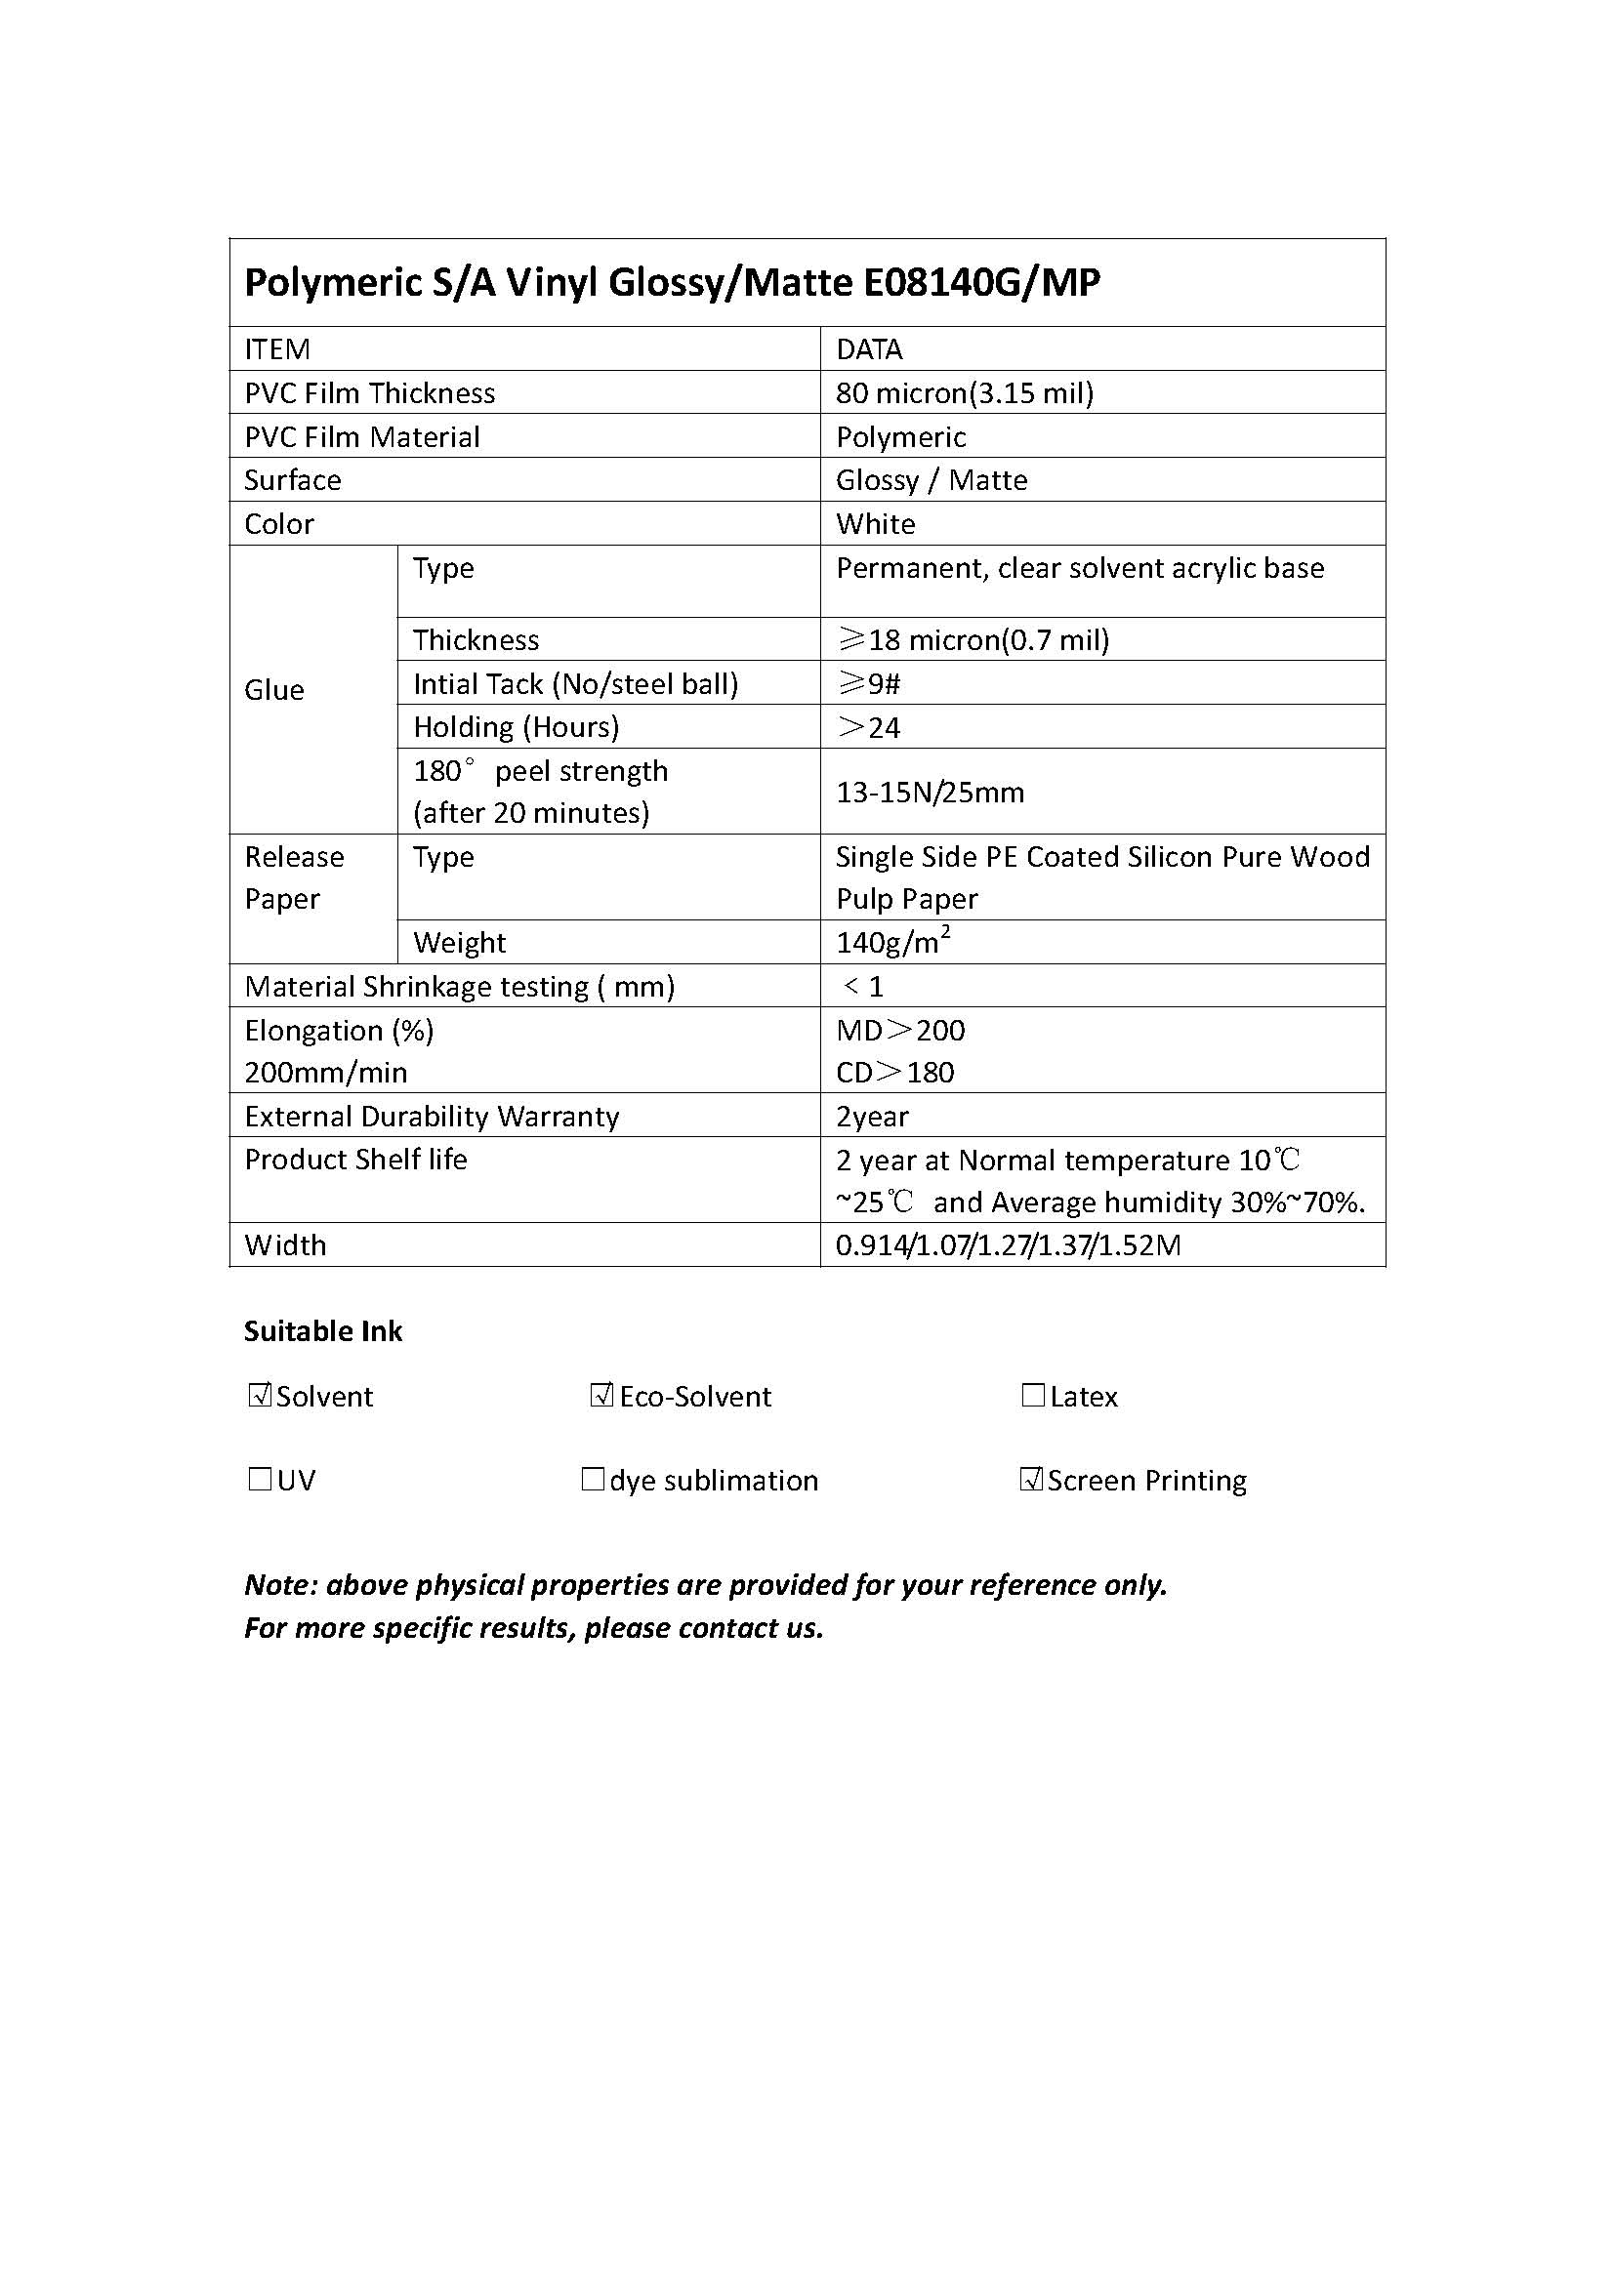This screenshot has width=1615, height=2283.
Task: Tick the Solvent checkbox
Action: click(260, 1395)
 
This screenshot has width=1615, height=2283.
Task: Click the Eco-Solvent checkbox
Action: click(601, 1395)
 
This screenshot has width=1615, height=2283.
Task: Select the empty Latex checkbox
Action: click(1033, 1395)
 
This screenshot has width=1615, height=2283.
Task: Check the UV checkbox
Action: click(260, 1480)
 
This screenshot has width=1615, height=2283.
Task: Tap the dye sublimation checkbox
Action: click(593, 1480)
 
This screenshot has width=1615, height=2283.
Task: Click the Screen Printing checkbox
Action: click(1031, 1480)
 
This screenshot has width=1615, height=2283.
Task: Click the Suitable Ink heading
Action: click(323, 1331)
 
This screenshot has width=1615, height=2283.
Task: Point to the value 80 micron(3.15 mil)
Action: click(964, 393)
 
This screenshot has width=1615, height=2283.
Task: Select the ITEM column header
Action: click(277, 350)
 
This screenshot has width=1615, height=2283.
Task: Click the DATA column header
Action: click(868, 350)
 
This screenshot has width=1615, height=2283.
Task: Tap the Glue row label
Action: click(274, 690)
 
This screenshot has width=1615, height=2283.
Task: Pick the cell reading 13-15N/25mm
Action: click(929, 793)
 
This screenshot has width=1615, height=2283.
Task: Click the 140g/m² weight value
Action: click(892, 941)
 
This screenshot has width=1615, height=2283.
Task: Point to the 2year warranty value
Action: click(871, 1117)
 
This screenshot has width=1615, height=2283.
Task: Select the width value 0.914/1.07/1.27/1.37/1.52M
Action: click(1008, 1244)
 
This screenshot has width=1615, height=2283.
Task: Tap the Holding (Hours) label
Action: click(517, 727)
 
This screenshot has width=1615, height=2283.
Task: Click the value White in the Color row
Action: click(875, 524)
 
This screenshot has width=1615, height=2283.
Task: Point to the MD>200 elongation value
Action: click(900, 1030)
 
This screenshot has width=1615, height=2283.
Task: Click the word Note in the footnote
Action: click(278, 1585)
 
